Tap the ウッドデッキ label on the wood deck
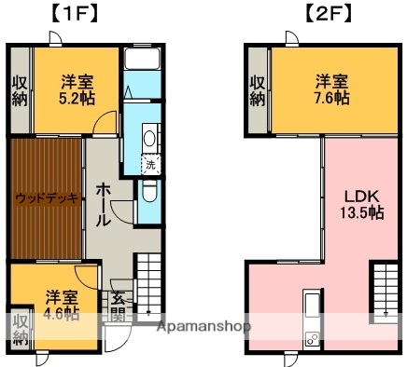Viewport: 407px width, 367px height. pos(44,197)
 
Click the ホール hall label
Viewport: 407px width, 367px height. pos(103,203)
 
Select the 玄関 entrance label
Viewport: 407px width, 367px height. pos(119,306)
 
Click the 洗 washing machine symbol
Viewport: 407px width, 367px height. pos(150,165)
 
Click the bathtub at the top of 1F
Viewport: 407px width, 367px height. pos(142,61)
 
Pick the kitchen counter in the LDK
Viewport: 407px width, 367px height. pos(311,321)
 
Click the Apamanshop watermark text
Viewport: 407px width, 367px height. pos(204,327)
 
